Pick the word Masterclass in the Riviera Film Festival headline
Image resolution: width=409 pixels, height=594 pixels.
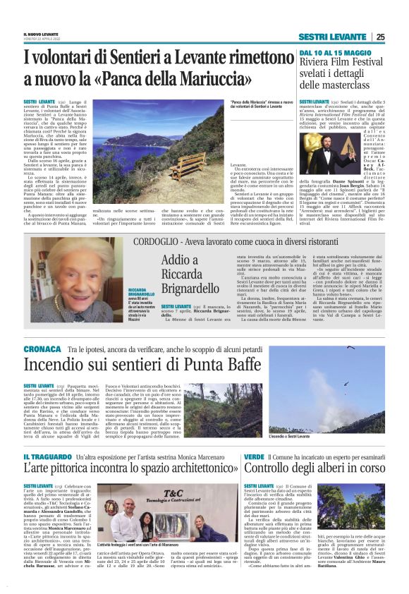[350, 85]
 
